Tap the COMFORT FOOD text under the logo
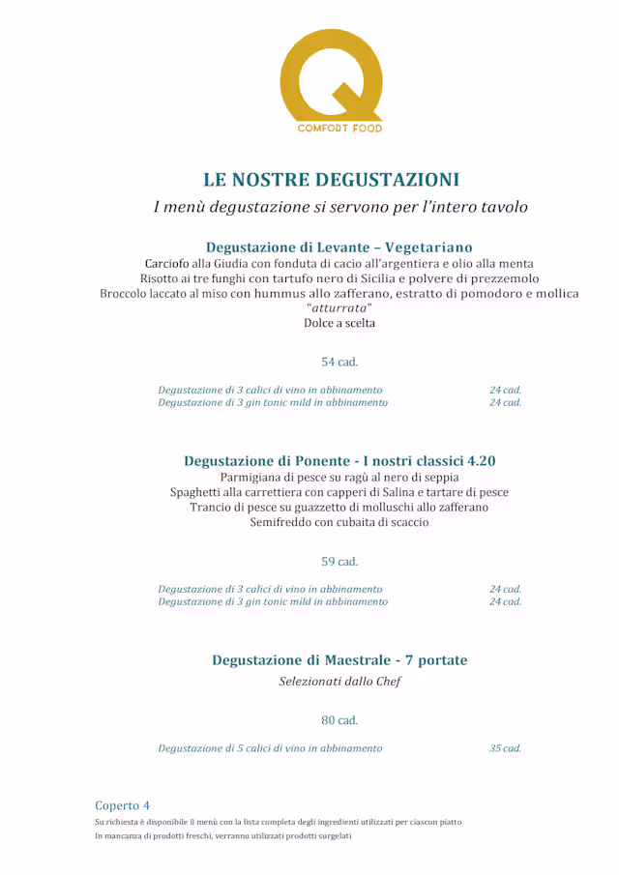(339, 128)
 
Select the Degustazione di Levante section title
(339, 248)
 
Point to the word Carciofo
(166, 264)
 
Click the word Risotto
(162, 278)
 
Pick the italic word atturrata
(339, 308)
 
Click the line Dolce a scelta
(339, 323)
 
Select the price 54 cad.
(339, 362)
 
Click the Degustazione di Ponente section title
(339, 461)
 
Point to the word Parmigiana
(252, 478)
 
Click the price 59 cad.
(339, 561)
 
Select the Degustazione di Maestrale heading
(339, 660)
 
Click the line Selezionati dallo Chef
(339, 682)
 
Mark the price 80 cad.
(339, 720)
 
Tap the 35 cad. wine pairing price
(505, 748)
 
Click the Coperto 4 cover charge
(122, 805)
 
